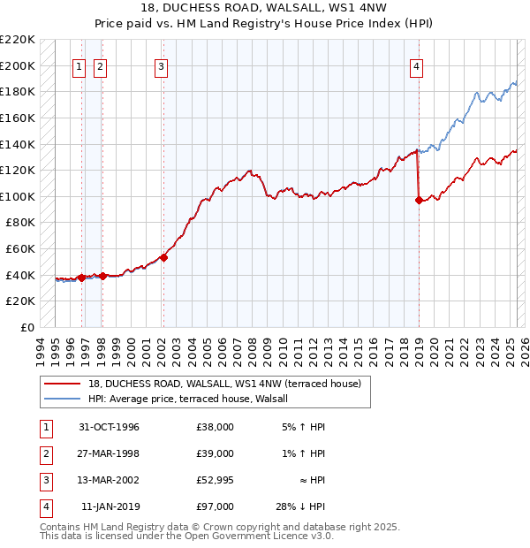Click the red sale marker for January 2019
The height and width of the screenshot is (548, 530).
[x=419, y=200]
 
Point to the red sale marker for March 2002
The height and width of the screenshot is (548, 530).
[x=163, y=258]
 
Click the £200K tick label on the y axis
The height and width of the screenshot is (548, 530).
[x=19, y=65]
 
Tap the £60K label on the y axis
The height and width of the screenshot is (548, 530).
[x=21, y=249]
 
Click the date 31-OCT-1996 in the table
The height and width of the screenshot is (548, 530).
[x=110, y=427]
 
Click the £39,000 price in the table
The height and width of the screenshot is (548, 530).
[x=216, y=453]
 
